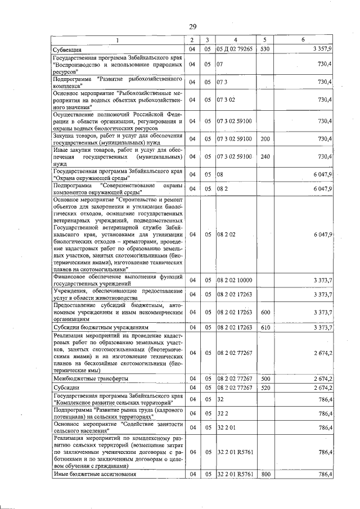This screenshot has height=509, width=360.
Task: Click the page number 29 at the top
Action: coord(192,26)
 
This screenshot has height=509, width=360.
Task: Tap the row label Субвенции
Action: coord(65,50)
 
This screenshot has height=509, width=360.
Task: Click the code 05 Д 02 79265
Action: coord(235,50)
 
